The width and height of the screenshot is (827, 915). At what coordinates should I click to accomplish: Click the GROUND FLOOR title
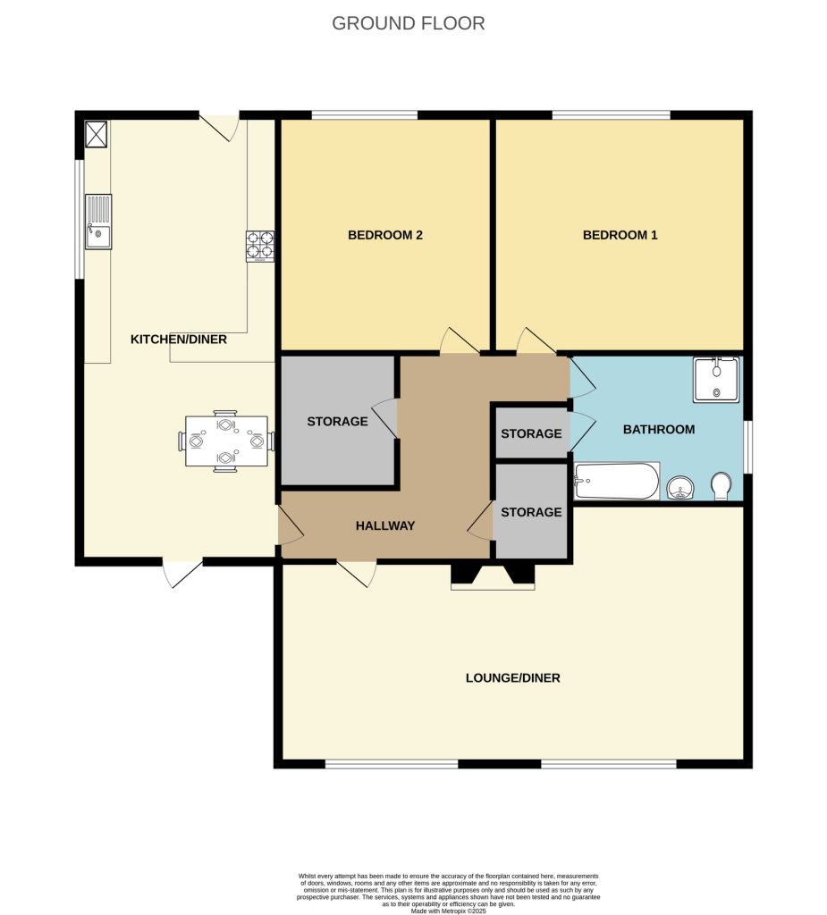click(409, 23)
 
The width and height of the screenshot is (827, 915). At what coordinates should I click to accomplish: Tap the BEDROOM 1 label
click(620, 235)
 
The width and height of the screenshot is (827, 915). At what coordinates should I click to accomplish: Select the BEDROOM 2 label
click(384, 235)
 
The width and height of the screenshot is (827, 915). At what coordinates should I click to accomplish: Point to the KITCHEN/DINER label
click(179, 340)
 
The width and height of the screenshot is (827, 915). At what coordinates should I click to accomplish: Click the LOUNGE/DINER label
click(512, 677)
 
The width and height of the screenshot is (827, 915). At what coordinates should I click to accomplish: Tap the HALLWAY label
click(385, 525)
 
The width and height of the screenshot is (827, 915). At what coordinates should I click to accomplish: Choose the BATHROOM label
click(658, 430)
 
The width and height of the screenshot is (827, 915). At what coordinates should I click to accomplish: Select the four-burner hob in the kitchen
click(260, 247)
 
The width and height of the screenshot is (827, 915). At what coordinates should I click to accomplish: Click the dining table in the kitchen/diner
click(226, 441)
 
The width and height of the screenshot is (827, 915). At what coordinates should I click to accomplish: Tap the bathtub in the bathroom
click(617, 482)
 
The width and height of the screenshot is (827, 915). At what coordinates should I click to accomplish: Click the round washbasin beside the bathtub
click(681, 488)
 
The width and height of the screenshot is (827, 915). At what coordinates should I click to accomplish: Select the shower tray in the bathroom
click(716, 379)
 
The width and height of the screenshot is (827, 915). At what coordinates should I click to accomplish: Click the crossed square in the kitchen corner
click(96, 134)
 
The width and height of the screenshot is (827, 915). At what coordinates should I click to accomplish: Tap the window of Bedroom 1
click(611, 114)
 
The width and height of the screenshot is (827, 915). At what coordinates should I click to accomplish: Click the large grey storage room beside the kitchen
click(338, 422)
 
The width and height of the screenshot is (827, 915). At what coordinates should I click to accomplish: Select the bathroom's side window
click(748, 447)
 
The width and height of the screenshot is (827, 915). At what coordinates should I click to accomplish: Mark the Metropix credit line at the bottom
click(448, 911)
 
